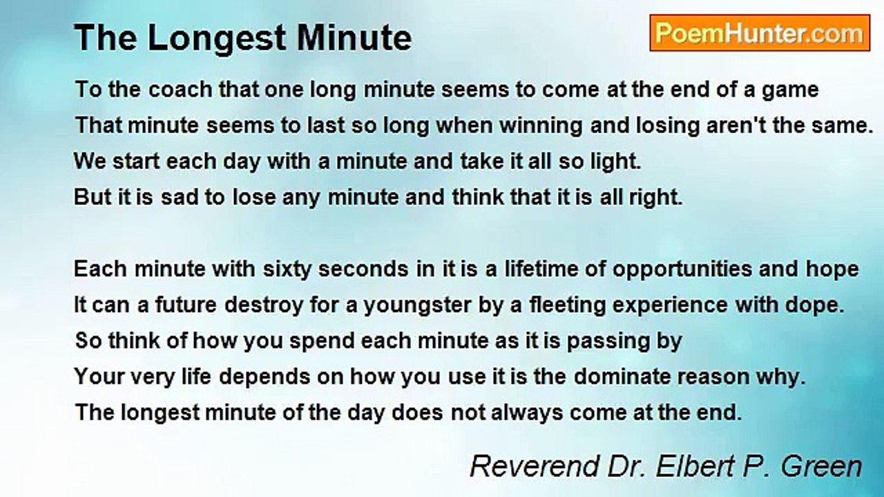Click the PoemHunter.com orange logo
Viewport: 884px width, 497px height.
tap(760, 33)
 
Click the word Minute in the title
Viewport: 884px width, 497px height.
tap(354, 38)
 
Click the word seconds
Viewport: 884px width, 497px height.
tap(363, 269)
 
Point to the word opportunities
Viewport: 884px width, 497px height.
tap(682, 270)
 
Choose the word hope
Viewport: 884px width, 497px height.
tap(832, 270)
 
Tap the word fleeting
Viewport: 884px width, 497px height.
tap(567, 306)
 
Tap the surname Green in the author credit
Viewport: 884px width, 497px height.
tap(821, 466)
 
